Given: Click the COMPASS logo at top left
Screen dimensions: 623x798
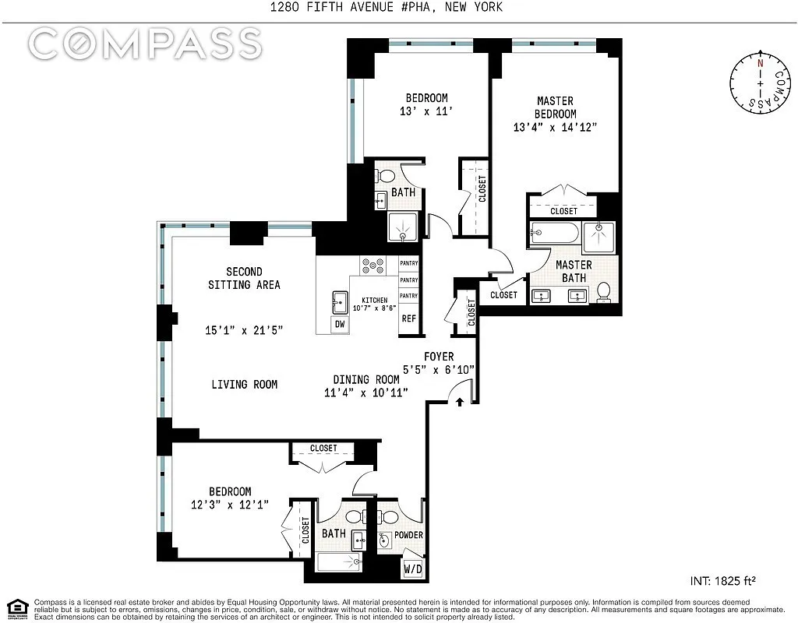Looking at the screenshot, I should [145, 44].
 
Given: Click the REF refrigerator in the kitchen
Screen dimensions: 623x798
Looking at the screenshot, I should [408, 319].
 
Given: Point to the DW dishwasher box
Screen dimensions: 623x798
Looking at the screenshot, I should [339, 324].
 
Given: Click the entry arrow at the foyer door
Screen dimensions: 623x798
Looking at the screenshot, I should [460, 403].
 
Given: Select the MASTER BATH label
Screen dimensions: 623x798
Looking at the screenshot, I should [574, 271].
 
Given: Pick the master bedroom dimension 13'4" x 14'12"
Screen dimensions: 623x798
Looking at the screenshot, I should [555, 127].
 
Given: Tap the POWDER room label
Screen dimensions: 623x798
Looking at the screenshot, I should [408, 535].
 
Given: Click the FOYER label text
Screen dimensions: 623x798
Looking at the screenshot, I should [439, 357].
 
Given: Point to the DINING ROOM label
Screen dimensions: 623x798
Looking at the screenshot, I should [365, 380].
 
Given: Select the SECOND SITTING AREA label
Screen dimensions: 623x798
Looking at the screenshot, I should [243, 278].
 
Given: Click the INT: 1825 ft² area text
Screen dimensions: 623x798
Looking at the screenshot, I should [724, 580].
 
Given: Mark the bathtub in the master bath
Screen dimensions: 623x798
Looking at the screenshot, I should [554, 233].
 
